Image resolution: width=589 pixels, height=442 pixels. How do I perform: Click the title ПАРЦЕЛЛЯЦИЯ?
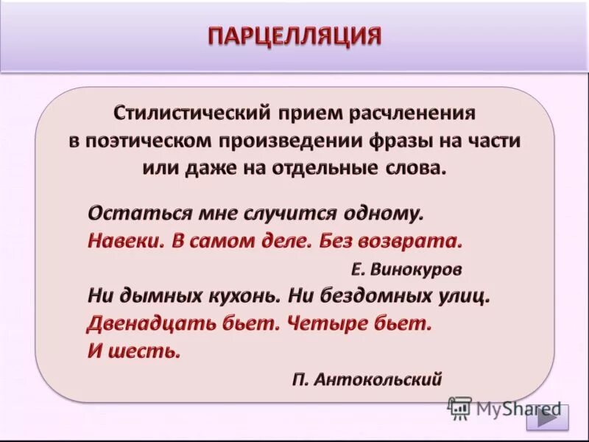tap(294, 36)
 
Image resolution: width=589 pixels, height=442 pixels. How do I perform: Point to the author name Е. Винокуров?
tap(406, 270)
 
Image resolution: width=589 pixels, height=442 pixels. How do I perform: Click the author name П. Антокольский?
tap(367, 379)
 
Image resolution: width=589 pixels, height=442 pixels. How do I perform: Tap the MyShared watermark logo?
tap(505, 408)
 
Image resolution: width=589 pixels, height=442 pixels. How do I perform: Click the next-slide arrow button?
tap(547, 416)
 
